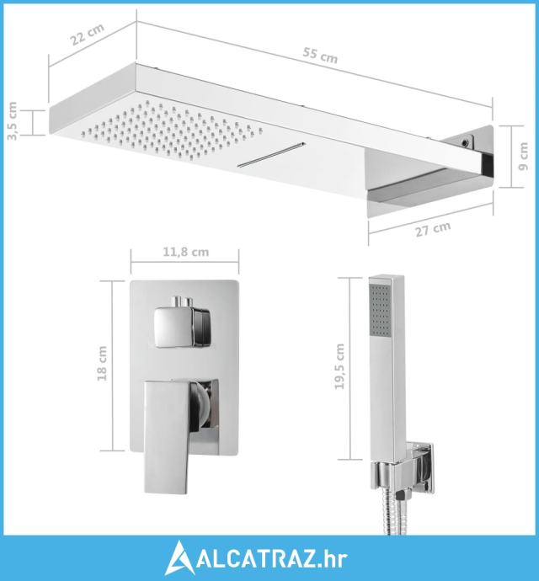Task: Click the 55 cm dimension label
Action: pos(320,56)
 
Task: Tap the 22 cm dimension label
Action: pos(88,34)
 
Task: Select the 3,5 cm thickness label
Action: pos(13,120)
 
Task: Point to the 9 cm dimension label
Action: pos(523,157)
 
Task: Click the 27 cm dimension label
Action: pos(433,229)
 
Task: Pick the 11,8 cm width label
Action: pos(186,252)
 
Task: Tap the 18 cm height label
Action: pos(102,363)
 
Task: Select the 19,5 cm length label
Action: pos(339,366)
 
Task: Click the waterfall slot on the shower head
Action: pos(271,154)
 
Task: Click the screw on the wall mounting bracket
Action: pos(464,141)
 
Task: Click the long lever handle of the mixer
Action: pos(168,436)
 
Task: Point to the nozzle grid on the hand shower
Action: pos(380,310)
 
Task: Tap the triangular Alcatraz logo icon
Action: pos(180,558)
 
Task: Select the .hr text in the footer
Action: pos(332,559)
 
